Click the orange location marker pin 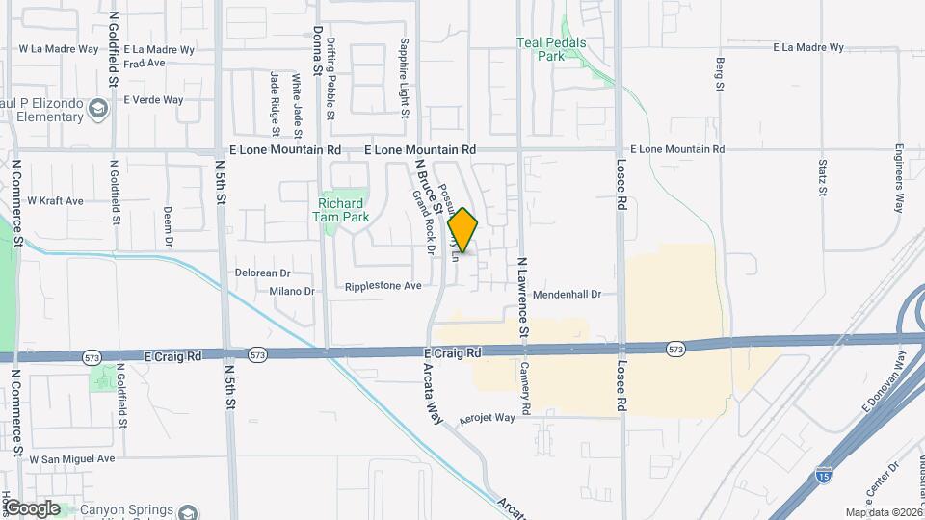pos(463,230)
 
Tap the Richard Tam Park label pos(342,210)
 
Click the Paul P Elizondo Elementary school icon pos(97,109)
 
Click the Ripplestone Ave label pos(383,286)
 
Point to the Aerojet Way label pos(488,418)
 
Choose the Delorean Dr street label pos(263,273)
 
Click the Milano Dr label pos(292,291)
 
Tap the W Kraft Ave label pos(56,201)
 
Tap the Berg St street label pos(720,75)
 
